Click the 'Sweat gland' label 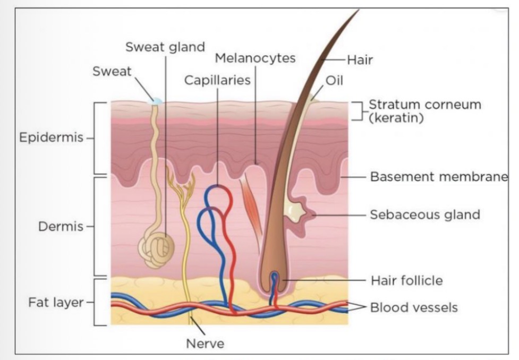(x=165, y=47)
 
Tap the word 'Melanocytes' (x=255, y=58)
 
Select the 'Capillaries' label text (x=217, y=80)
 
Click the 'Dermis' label (x=61, y=227)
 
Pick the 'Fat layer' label (x=56, y=303)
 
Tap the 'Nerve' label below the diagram (x=205, y=344)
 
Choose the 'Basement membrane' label (x=439, y=176)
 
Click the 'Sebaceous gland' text (x=425, y=215)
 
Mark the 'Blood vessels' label (x=413, y=307)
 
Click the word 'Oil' (x=335, y=81)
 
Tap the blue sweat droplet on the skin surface (x=157, y=100)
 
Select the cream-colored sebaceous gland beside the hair (x=293, y=211)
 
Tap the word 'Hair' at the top (x=360, y=60)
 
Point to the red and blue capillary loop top (x=219, y=196)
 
